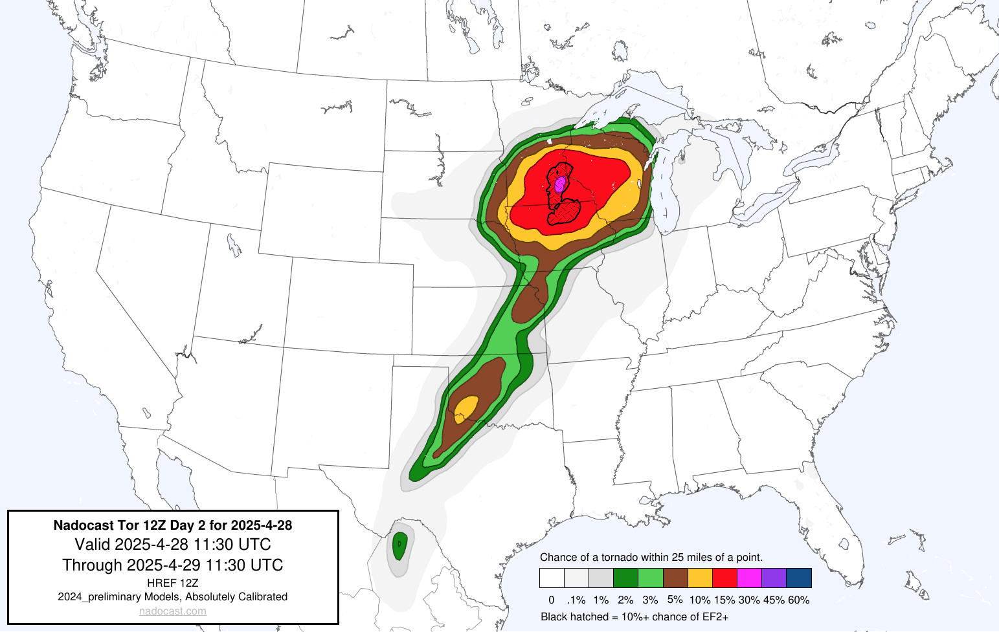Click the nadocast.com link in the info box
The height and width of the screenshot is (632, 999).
pyautogui.click(x=173, y=611)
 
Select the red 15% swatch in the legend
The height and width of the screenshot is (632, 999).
pyautogui.click(x=724, y=578)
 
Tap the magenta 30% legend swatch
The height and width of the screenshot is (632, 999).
pyautogui.click(x=749, y=578)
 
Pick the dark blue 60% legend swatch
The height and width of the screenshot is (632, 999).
pyautogui.click(x=798, y=578)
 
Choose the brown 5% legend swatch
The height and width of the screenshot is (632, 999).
pyautogui.click(x=675, y=578)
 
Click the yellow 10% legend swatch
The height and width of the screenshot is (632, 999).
pyautogui.click(x=700, y=578)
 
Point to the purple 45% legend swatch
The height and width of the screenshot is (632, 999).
pyautogui.click(x=774, y=578)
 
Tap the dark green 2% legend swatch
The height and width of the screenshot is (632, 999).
pyautogui.click(x=626, y=578)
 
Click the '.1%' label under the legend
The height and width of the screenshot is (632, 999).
pyautogui.click(x=576, y=600)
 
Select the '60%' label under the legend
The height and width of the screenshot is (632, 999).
pyautogui.click(x=799, y=600)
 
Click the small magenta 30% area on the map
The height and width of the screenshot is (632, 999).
pyautogui.click(x=560, y=184)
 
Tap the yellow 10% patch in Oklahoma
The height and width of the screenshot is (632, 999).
pyautogui.click(x=466, y=409)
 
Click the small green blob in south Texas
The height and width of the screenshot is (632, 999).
pyautogui.click(x=399, y=545)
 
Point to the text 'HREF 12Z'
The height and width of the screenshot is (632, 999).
pyautogui.click(x=173, y=583)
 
